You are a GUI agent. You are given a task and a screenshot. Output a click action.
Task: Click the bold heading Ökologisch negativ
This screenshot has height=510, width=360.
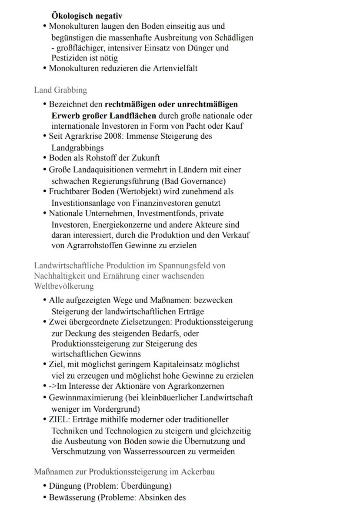coord(87,17)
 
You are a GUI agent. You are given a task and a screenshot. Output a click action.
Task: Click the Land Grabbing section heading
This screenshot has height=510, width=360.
coord(60,90)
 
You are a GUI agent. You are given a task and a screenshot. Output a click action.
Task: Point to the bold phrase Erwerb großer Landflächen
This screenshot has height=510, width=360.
coord(104,116)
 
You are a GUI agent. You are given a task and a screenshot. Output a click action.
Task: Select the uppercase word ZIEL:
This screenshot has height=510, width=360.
coord(59,420)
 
